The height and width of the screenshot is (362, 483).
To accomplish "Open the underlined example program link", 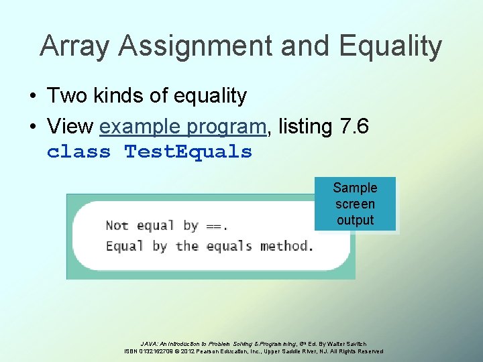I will (x=183, y=125).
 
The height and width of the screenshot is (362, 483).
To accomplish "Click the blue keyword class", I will (x=78, y=152).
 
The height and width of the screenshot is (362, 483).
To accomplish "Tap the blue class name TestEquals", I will (x=189, y=152).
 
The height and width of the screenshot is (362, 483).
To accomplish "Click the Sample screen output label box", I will (x=355, y=204).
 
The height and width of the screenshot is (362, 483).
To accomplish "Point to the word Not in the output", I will (x=117, y=225).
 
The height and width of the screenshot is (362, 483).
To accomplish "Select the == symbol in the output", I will (x=213, y=226).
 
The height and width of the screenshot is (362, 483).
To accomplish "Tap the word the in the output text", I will (x=187, y=245).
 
